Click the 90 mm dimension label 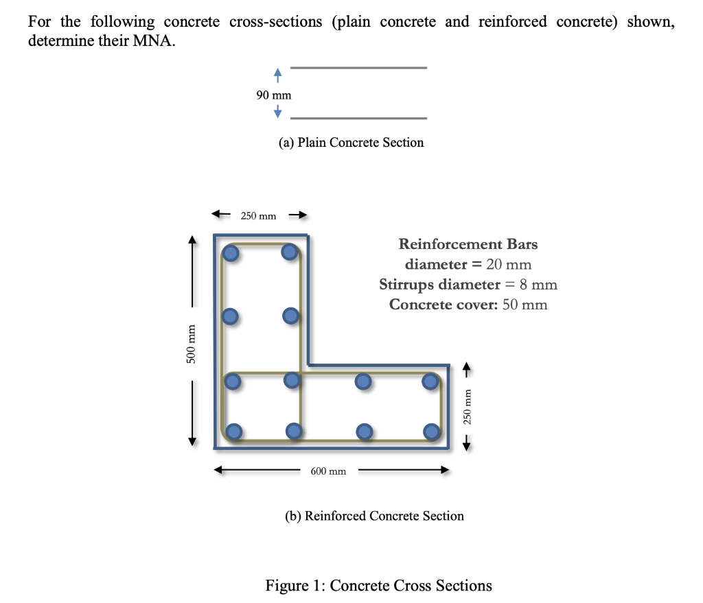click(274, 95)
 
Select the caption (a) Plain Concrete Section click(351, 143)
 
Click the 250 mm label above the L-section click(258, 216)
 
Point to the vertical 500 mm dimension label click(193, 351)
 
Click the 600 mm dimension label click(328, 472)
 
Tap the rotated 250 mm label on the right click(467, 410)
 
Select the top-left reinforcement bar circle click(231, 254)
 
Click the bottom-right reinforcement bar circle click(431, 431)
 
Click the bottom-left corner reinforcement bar click(234, 431)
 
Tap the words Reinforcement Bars click(468, 244)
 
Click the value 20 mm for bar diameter click(509, 264)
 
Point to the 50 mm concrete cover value click(525, 305)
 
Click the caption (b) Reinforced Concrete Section click(374, 516)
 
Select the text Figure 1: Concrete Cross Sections click(378, 585)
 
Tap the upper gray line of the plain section click(359, 68)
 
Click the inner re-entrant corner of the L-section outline click(308, 365)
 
